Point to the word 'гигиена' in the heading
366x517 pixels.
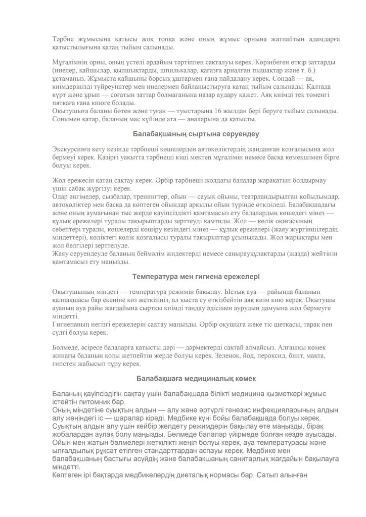[x=202, y=277]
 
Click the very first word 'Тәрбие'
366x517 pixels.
[x=63, y=39]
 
